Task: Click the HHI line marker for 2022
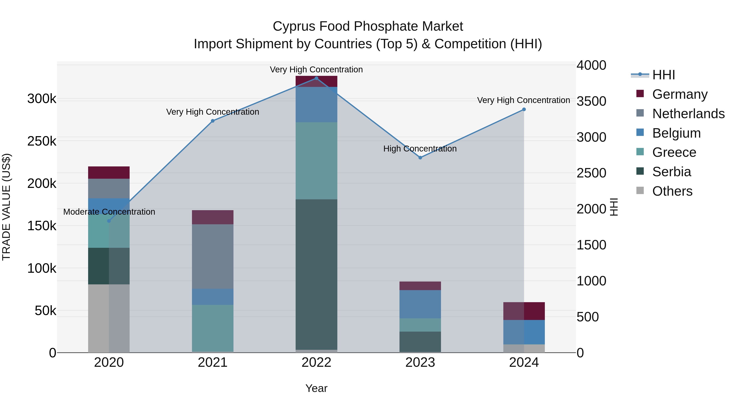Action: [316, 78]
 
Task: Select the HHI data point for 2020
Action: [109, 221]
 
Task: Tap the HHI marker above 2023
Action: [420, 158]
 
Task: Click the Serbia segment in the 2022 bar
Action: [316, 274]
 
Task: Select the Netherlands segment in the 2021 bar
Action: [213, 256]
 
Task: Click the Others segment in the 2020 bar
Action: [109, 318]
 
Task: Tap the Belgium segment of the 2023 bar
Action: [420, 304]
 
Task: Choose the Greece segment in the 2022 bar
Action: [316, 160]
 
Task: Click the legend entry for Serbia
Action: [671, 172]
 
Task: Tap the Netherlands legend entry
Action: [688, 114]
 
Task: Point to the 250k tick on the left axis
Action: [42, 141]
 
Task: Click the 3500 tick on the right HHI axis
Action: [591, 101]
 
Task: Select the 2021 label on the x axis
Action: [213, 362]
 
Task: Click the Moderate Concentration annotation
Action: [109, 212]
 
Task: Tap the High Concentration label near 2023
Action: [420, 149]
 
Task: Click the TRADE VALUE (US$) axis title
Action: [6, 207]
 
